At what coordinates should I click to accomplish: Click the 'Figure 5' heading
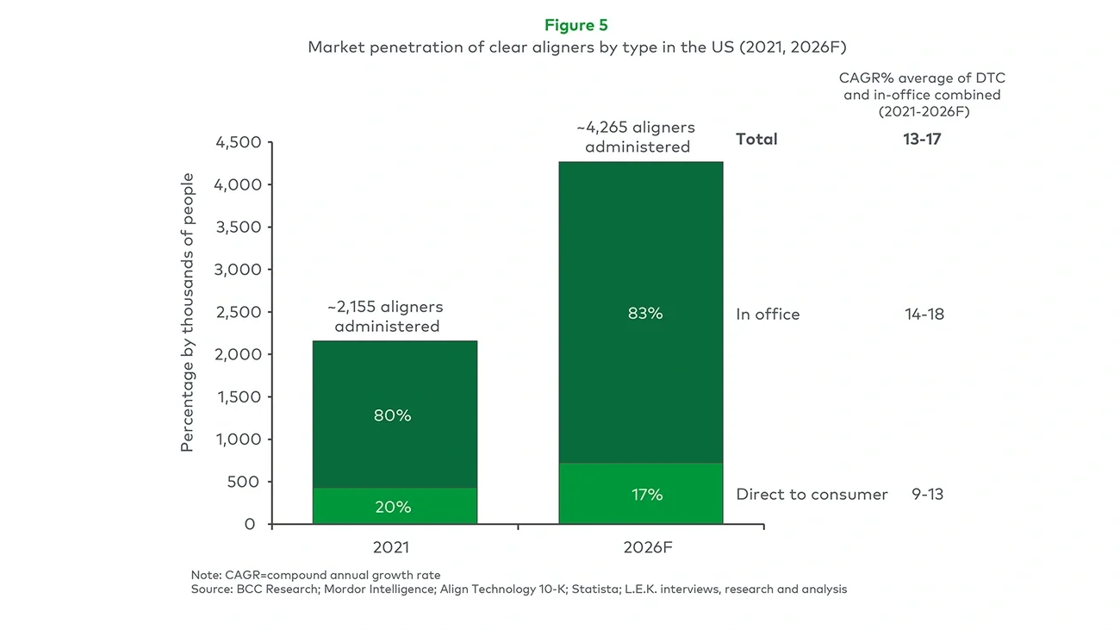(x=576, y=25)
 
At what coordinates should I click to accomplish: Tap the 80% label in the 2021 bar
(x=393, y=415)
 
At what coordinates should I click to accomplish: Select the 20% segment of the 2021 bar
(x=393, y=507)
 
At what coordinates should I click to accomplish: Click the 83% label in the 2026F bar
(x=645, y=314)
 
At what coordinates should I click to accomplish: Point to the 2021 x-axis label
(x=391, y=547)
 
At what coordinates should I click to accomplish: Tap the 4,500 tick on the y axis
(x=238, y=143)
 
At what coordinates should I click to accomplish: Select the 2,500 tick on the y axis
(x=238, y=312)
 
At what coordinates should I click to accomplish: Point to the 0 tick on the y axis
(x=250, y=524)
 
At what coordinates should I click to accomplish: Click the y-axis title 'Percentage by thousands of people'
(x=187, y=312)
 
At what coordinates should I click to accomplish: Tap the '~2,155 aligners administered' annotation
(x=386, y=316)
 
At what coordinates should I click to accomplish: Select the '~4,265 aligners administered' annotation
(x=637, y=137)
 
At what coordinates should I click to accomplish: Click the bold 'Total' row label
(x=756, y=139)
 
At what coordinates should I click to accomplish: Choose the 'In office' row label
(x=768, y=315)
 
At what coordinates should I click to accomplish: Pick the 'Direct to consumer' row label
(x=812, y=495)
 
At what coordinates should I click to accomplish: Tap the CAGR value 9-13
(x=927, y=495)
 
